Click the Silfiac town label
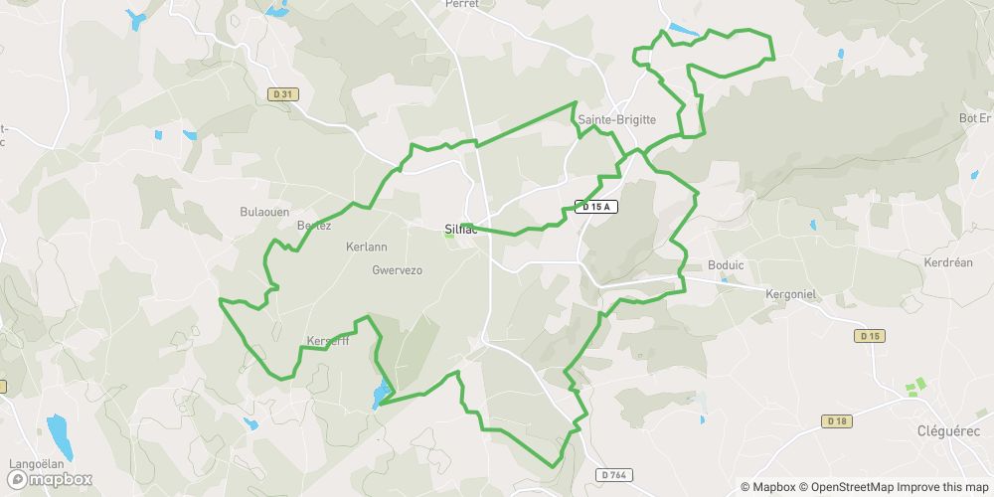461,229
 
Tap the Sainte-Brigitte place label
617,119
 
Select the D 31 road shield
283,93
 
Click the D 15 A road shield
596,207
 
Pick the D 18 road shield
838,421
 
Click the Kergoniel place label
791,294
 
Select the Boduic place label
725,265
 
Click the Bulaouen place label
264,212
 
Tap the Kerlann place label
366,247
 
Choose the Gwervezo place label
397,269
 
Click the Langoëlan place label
37,464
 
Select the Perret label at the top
463,4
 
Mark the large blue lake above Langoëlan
59,433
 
